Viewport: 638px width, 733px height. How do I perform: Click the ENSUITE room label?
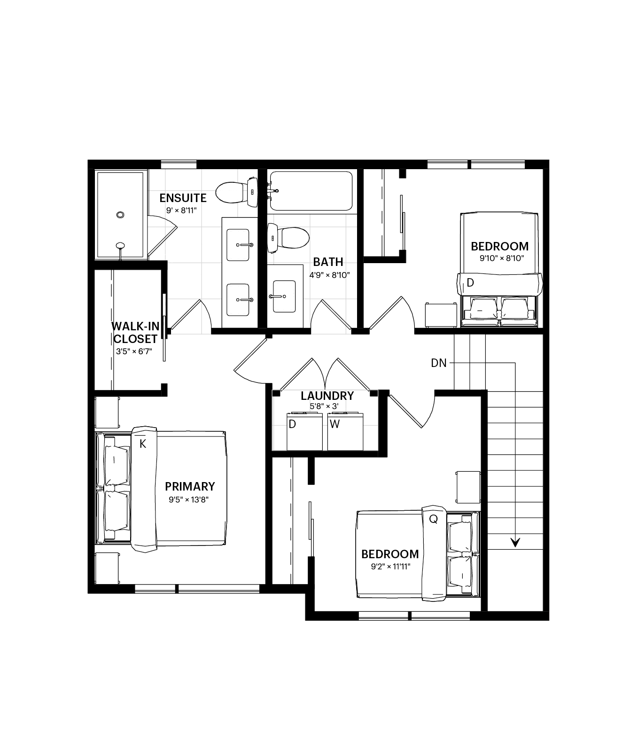point(183,198)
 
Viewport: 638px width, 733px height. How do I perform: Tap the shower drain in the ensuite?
point(120,215)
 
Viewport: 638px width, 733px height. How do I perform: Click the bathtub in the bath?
point(311,191)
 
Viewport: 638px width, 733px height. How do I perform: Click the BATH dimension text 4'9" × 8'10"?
point(329,275)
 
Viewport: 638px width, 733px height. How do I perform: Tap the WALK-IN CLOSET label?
point(135,333)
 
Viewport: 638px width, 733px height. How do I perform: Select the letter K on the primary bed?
point(142,444)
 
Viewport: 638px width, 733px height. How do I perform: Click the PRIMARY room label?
point(190,486)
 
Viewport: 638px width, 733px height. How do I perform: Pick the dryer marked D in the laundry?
point(304,432)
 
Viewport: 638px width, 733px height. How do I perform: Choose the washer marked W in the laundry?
point(345,432)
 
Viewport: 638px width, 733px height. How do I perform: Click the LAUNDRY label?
point(327,396)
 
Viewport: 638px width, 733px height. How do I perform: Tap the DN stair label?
point(439,363)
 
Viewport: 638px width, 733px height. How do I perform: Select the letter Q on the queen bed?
point(433,519)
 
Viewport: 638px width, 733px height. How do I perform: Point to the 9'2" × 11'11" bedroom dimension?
point(390,567)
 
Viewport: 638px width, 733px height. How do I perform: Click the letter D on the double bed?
point(470,283)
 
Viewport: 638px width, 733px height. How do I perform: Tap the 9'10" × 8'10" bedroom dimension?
point(502,258)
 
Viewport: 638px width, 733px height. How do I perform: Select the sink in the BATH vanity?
point(284,296)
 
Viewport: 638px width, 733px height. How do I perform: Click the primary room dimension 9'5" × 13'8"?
point(189,499)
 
